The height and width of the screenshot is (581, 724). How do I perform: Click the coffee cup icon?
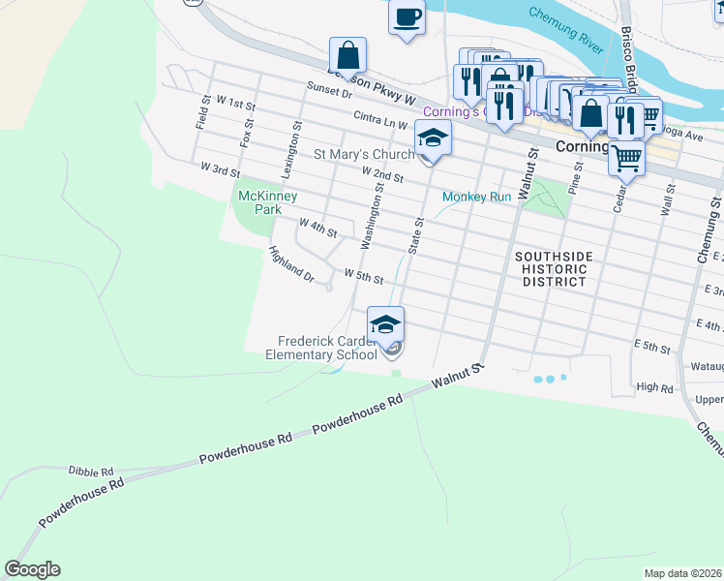point(407,16)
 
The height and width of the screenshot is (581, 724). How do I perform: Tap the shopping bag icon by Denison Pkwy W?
point(347,55)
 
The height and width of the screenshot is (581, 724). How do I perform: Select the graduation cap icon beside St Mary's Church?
point(434,139)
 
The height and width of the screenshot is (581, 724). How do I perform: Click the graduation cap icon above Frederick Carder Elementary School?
point(385,325)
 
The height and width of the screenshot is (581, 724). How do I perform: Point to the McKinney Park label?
point(260,201)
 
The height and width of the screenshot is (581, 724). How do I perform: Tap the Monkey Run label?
point(475,197)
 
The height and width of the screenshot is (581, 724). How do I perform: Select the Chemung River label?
point(567,27)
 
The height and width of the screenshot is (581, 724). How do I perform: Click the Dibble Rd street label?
point(91,470)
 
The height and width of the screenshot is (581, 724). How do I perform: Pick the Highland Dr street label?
point(291,264)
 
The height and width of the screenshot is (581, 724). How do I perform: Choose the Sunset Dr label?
point(328,90)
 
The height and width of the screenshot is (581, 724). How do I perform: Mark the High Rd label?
point(654,387)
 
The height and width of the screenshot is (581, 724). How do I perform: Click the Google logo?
point(32,569)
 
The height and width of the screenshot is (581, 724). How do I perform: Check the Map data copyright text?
point(683,573)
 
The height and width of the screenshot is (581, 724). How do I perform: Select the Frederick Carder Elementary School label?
point(326,348)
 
